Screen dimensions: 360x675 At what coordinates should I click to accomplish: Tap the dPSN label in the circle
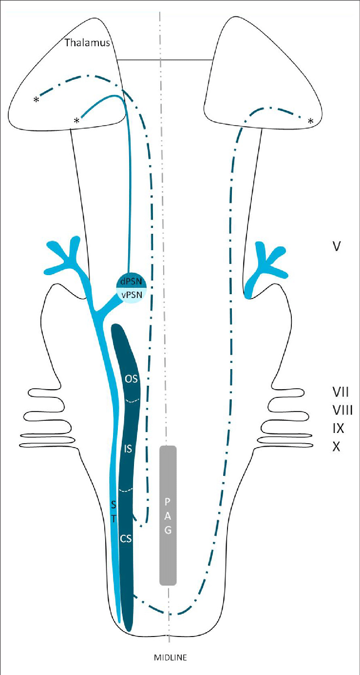coord(130,282)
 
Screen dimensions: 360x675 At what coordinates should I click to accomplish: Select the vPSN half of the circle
coord(130,295)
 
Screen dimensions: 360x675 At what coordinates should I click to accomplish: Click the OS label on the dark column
coord(130,378)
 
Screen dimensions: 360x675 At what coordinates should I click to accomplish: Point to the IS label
coord(128,450)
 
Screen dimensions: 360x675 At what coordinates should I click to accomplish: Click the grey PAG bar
coord(168,515)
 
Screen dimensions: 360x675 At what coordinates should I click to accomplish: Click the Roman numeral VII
coord(340,392)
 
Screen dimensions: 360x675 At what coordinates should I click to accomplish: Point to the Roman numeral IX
coord(338,429)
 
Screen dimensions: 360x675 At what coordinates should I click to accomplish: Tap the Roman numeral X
coord(336,447)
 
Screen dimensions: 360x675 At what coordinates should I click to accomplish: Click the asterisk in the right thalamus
coord(310,122)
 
